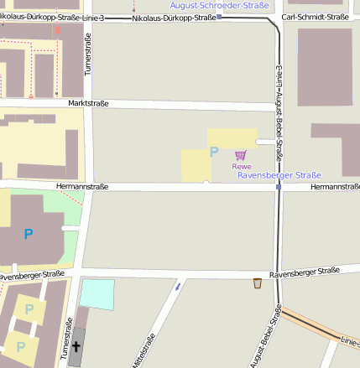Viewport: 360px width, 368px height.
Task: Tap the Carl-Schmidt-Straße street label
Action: [315, 17]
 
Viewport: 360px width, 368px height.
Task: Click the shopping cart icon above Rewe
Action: [241, 154]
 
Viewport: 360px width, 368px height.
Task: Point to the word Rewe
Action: [242, 166]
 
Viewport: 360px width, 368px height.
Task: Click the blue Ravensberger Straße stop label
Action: [279, 175]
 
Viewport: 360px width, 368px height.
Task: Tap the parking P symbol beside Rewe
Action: [213, 152]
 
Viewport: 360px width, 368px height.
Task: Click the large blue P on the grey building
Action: [29, 234]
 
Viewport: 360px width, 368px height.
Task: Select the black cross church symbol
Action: [76, 346]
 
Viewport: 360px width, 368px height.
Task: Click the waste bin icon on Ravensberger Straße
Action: [257, 283]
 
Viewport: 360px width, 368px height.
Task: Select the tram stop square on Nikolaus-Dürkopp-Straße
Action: [218, 17]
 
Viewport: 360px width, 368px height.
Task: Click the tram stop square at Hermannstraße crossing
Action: [278, 187]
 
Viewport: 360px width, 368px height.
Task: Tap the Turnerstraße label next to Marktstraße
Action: [88, 55]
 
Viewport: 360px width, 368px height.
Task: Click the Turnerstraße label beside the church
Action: [65, 339]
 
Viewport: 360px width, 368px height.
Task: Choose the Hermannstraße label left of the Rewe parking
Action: [81, 186]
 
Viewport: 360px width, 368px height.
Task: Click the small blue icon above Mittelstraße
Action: [177, 287]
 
